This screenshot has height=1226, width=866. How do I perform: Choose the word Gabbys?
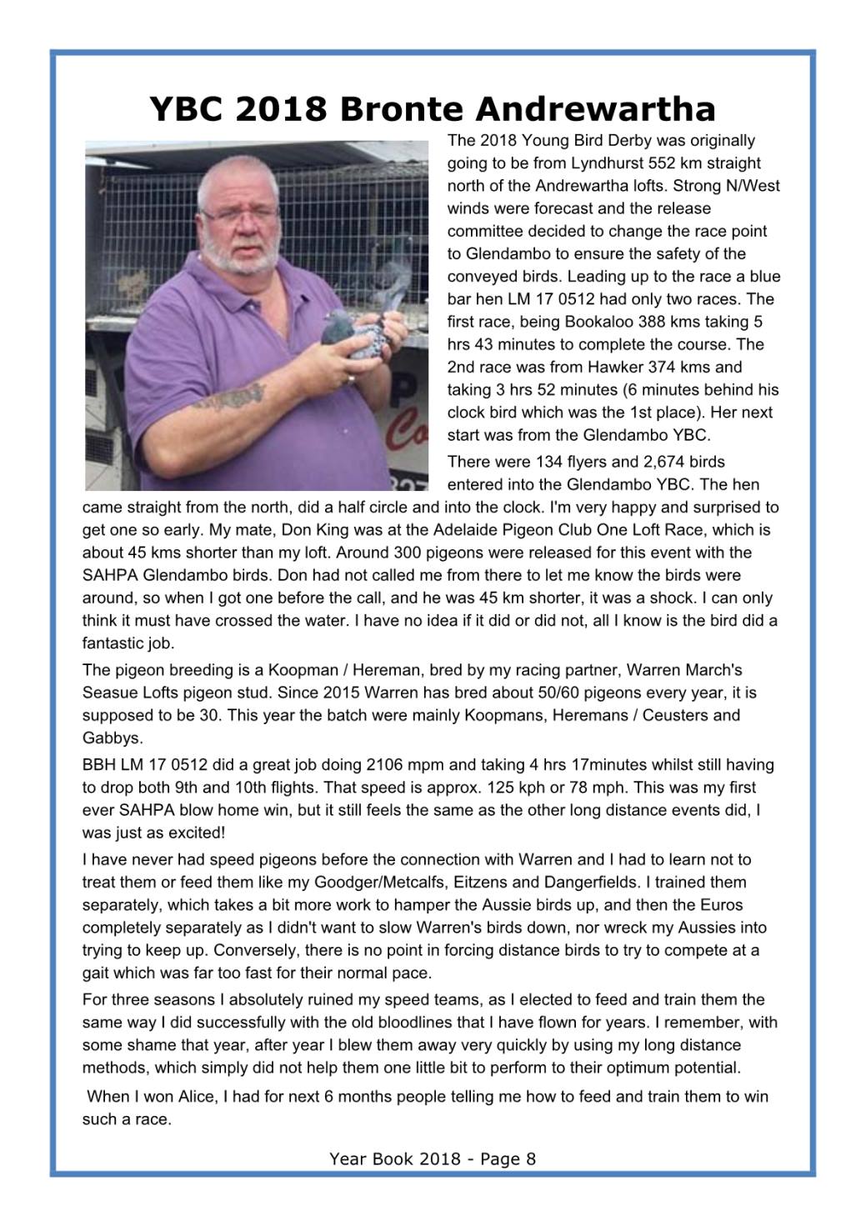pos(113,738)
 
